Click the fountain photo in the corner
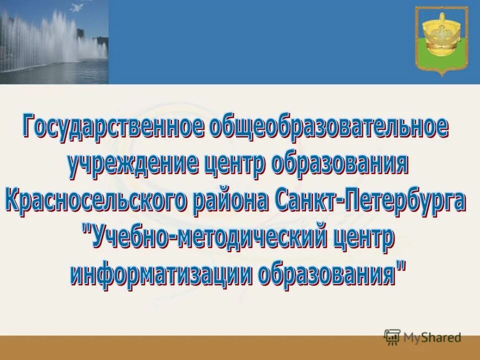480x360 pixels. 54,42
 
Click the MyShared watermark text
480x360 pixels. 432,337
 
